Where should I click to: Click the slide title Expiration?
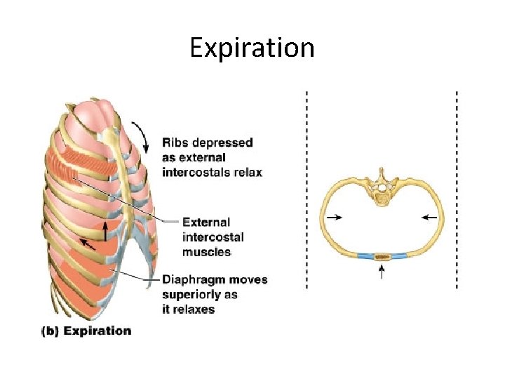pyautogui.click(x=252, y=48)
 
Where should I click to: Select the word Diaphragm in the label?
pyautogui.click(x=191, y=280)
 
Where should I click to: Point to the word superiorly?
pyautogui.click(x=191, y=295)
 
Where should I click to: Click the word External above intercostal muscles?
pyautogui.click(x=206, y=222)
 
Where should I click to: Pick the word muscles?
pyautogui.click(x=206, y=252)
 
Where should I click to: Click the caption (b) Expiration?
pyautogui.click(x=86, y=331)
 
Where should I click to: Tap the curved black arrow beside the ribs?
pyautogui.click(x=145, y=135)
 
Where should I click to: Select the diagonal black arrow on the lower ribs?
pyautogui.click(x=87, y=244)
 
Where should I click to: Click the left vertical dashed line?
pyautogui.click(x=307, y=189)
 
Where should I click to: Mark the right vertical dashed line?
pyautogui.click(x=457, y=189)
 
